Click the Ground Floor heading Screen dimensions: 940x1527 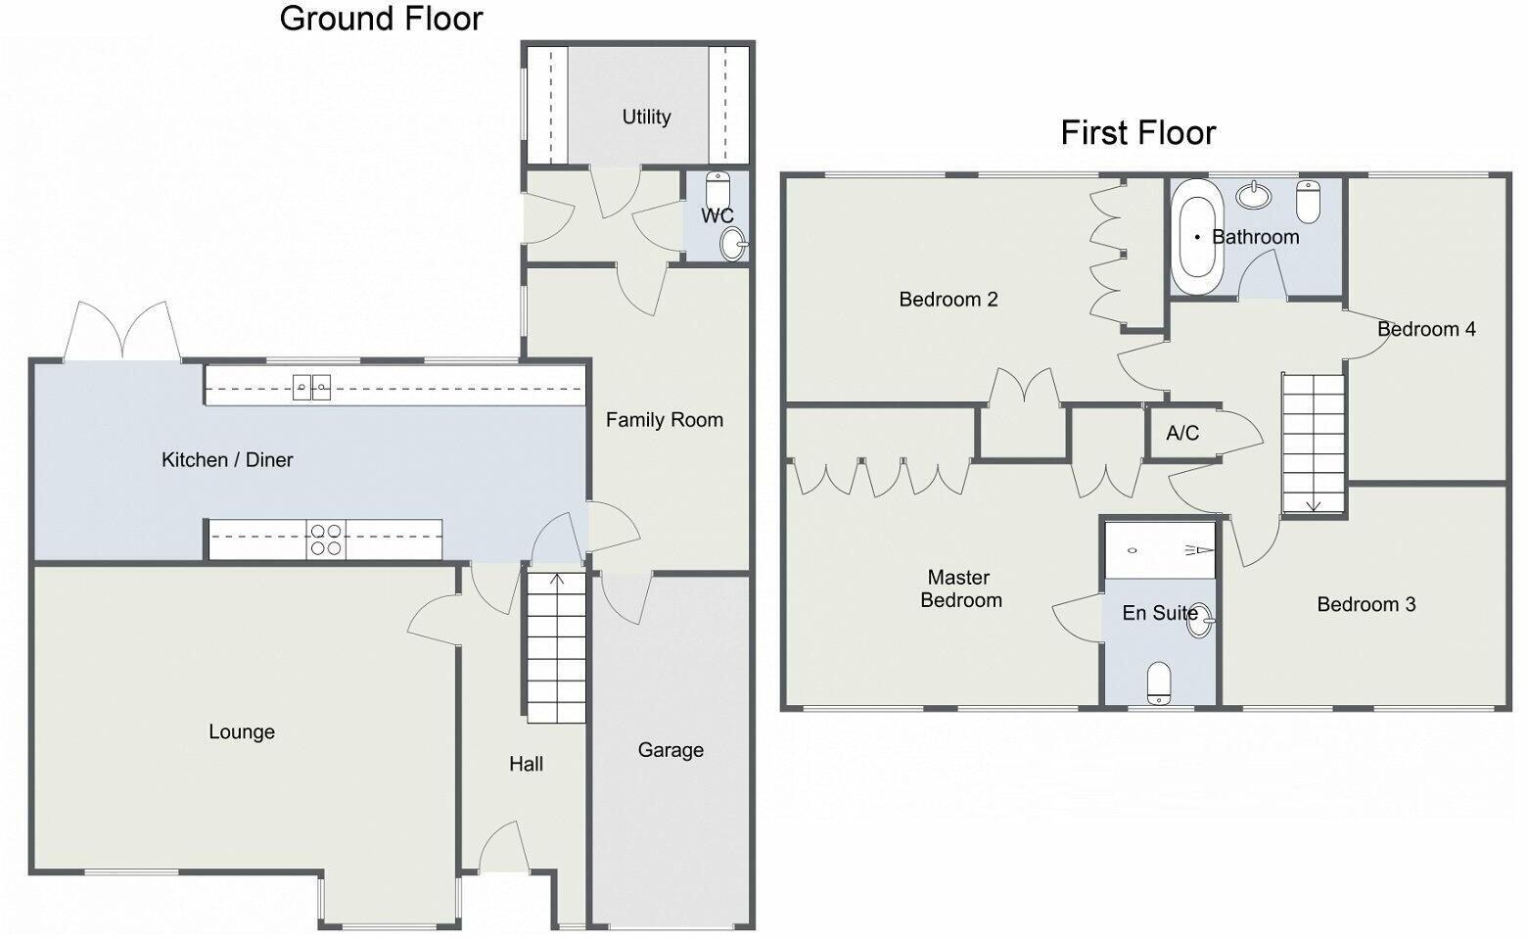pyautogui.click(x=381, y=19)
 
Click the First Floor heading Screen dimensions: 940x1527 pyautogui.click(x=1137, y=132)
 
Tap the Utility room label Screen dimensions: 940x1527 pyautogui.click(x=646, y=117)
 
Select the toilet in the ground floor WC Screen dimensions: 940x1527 pyautogui.click(x=718, y=188)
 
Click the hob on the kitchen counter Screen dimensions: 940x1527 pyautogui.click(x=326, y=540)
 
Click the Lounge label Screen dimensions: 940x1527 pyautogui.click(x=241, y=731)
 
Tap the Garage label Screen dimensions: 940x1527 pyautogui.click(x=671, y=750)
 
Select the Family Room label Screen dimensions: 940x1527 pyautogui.click(x=664, y=420)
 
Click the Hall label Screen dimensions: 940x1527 pyautogui.click(x=526, y=764)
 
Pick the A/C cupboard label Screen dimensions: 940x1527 pyautogui.click(x=1182, y=433)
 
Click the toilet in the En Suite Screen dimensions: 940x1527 pyautogui.click(x=1159, y=682)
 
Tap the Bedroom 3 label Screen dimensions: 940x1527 pyautogui.click(x=1365, y=604)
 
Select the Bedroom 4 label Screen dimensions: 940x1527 pyautogui.click(x=1426, y=329)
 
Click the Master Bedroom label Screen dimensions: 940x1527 pyautogui.click(x=960, y=588)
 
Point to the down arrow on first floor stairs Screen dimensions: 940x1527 pyautogui.click(x=1314, y=503)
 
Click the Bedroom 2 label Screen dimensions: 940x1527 pyautogui.click(x=948, y=300)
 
